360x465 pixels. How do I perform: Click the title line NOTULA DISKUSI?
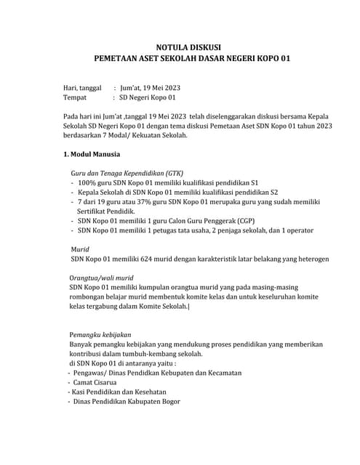[193, 46]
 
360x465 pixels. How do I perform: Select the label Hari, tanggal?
[86, 89]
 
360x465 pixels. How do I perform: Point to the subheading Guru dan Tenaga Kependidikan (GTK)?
[127, 174]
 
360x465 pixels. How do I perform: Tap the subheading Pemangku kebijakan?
[104, 335]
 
